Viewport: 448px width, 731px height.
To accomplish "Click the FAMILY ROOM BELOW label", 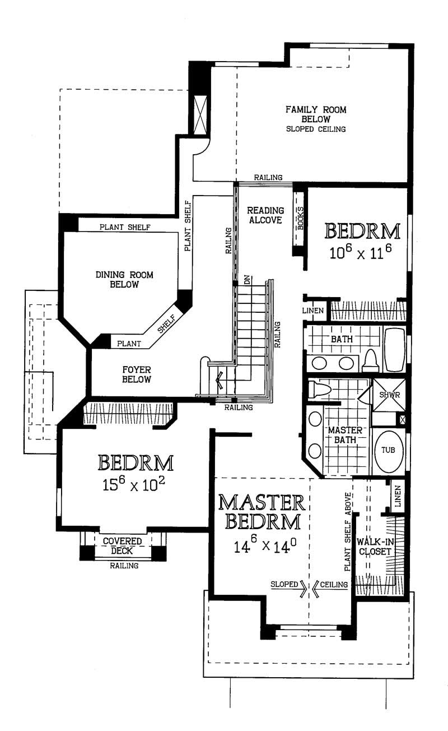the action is (x=316, y=114).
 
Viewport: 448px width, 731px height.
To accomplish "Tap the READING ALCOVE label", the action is (x=265, y=215).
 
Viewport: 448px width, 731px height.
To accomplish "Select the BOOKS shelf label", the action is (x=300, y=218).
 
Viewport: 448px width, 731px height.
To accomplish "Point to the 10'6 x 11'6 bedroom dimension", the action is (x=360, y=252).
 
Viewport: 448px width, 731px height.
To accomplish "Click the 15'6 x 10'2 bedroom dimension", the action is (x=133, y=484).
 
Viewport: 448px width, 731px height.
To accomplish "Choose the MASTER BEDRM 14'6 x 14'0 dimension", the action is (x=265, y=545).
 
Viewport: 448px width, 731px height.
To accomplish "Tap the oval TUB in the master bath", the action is (x=388, y=452).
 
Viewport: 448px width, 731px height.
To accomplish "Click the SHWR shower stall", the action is (x=389, y=395).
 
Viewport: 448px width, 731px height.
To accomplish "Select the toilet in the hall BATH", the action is (x=370, y=360).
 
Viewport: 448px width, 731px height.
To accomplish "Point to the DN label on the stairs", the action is (x=247, y=280).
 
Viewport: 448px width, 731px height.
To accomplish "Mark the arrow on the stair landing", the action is (x=219, y=380).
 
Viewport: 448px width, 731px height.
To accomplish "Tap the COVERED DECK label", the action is (x=122, y=546).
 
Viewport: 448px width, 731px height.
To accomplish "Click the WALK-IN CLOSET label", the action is (x=375, y=547).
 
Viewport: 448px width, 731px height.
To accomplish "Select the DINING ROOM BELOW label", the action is (x=124, y=279).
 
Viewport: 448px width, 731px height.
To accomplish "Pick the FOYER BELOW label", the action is (x=137, y=374).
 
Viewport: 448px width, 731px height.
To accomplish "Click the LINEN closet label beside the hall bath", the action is (x=312, y=311).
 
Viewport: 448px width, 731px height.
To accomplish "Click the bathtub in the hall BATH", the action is (x=395, y=349).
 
